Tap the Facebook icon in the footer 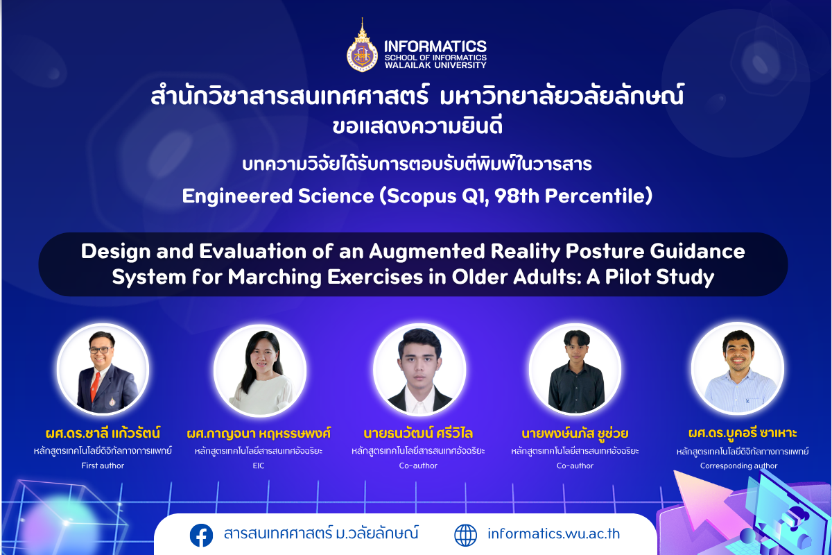201,536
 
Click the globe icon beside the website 465,536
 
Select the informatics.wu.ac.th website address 553,533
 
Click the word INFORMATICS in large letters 435,46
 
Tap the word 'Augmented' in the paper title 427,252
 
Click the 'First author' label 103,466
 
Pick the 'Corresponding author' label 738,466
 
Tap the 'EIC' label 259,466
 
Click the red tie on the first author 95,386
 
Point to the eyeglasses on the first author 101,350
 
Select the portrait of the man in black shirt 575,369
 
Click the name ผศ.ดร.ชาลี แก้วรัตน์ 103,434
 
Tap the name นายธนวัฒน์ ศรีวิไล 418,434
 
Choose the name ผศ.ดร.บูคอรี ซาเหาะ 743,433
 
